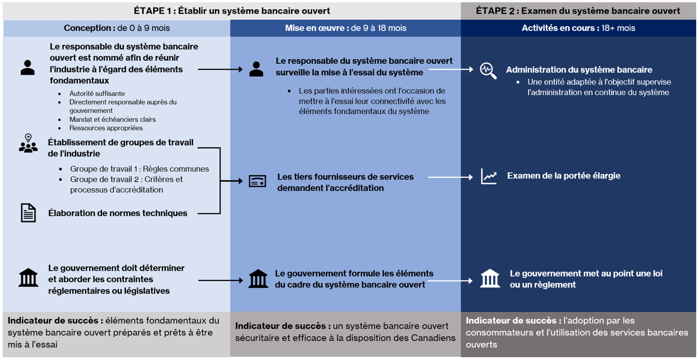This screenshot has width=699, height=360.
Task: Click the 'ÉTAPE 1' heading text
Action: (x=232, y=11)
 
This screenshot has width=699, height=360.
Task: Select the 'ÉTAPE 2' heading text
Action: (x=578, y=11)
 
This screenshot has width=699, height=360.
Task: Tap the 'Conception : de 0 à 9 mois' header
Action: (x=117, y=28)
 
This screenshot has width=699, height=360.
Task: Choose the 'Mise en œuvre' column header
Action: (x=345, y=28)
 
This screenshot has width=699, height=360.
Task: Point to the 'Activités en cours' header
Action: (x=578, y=28)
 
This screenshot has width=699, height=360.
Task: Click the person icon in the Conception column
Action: (x=27, y=68)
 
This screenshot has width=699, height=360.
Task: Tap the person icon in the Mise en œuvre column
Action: (x=256, y=69)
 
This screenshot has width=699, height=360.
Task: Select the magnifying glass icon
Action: (x=488, y=71)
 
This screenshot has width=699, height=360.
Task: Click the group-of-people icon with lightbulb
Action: (x=28, y=143)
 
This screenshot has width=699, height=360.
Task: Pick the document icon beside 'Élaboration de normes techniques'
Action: (x=28, y=213)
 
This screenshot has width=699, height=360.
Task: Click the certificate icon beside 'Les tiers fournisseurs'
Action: (x=257, y=182)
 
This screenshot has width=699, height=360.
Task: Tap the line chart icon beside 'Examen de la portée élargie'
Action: (x=489, y=176)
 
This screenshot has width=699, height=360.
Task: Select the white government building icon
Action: (x=490, y=279)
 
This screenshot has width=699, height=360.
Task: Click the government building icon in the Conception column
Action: (x=28, y=277)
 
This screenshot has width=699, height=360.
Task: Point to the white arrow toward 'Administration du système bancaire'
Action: (x=451, y=70)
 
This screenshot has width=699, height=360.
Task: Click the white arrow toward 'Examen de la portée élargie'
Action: (x=451, y=177)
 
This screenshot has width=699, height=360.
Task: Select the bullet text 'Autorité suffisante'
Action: (x=97, y=94)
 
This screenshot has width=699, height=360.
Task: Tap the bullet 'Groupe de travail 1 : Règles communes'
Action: (x=140, y=169)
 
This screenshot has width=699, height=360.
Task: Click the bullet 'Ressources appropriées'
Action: (x=106, y=128)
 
